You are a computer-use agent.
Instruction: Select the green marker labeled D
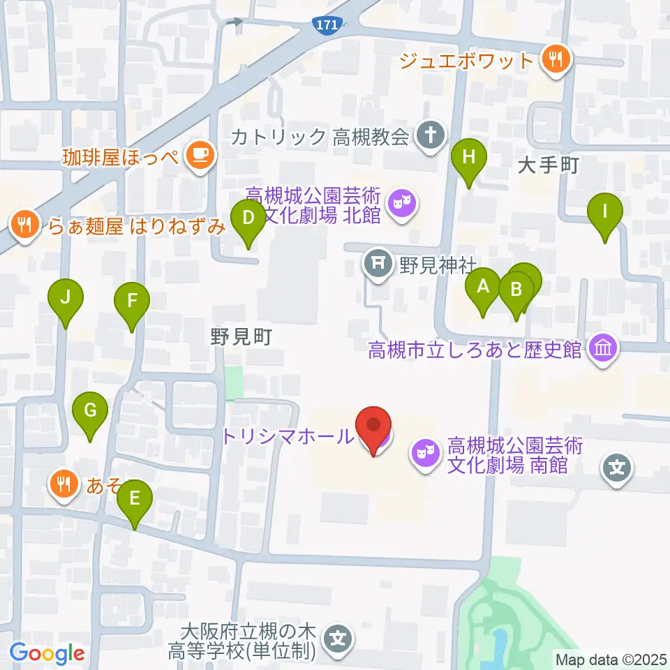click(x=248, y=218)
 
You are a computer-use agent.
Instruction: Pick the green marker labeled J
click(x=66, y=299)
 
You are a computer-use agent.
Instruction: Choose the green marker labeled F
click(x=133, y=302)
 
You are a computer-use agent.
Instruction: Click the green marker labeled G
click(x=90, y=411)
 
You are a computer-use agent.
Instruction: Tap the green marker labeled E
click(x=135, y=498)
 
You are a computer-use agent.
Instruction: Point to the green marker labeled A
click(x=482, y=286)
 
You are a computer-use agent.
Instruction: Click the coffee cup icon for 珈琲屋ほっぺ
click(x=200, y=155)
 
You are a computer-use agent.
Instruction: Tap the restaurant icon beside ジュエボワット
click(x=556, y=60)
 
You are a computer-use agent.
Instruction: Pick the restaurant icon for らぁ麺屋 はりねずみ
click(x=24, y=225)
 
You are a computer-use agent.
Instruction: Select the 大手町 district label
click(x=551, y=165)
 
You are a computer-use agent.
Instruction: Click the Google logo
click(x=47, y=653)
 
